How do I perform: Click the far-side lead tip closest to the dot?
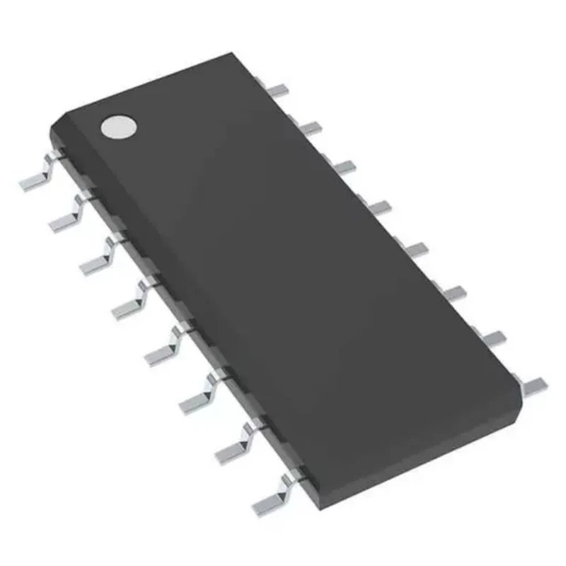pyautogui.click(x=280, y=89)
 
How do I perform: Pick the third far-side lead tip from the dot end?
pyautogui.click(x=345, y=166)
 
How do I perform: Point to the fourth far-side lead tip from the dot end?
pyautogui.click(x=380, y=207)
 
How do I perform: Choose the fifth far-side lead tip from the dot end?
pyautogui.click(x=417, y=248)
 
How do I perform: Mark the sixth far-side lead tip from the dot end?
pyautogui.click(x=455, y=291)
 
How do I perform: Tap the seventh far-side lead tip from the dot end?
pyautogui.click(x=495, y=337)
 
